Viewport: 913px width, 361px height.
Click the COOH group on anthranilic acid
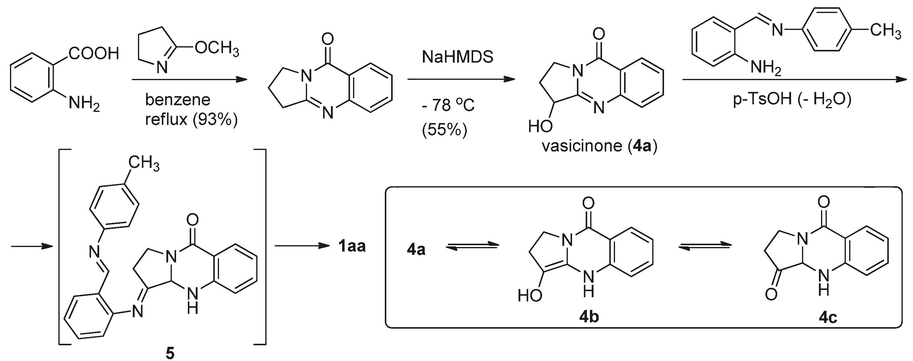coord(93,54)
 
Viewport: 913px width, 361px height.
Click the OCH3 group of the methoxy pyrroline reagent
coord(217,49)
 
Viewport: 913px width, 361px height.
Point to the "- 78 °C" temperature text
coord(448,105)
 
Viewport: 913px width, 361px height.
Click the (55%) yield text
coord(444,130)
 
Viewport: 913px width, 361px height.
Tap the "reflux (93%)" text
coord(191,119)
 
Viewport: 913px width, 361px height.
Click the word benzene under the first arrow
coord(178,100)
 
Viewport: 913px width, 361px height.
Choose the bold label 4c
coord(828,318)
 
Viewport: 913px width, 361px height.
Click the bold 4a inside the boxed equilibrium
coord(416,250)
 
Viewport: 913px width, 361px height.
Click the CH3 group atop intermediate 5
coord(143,163)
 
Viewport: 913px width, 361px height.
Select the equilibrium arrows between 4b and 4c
coord(705,247)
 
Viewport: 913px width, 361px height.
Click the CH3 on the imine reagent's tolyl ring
coord(885,31)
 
